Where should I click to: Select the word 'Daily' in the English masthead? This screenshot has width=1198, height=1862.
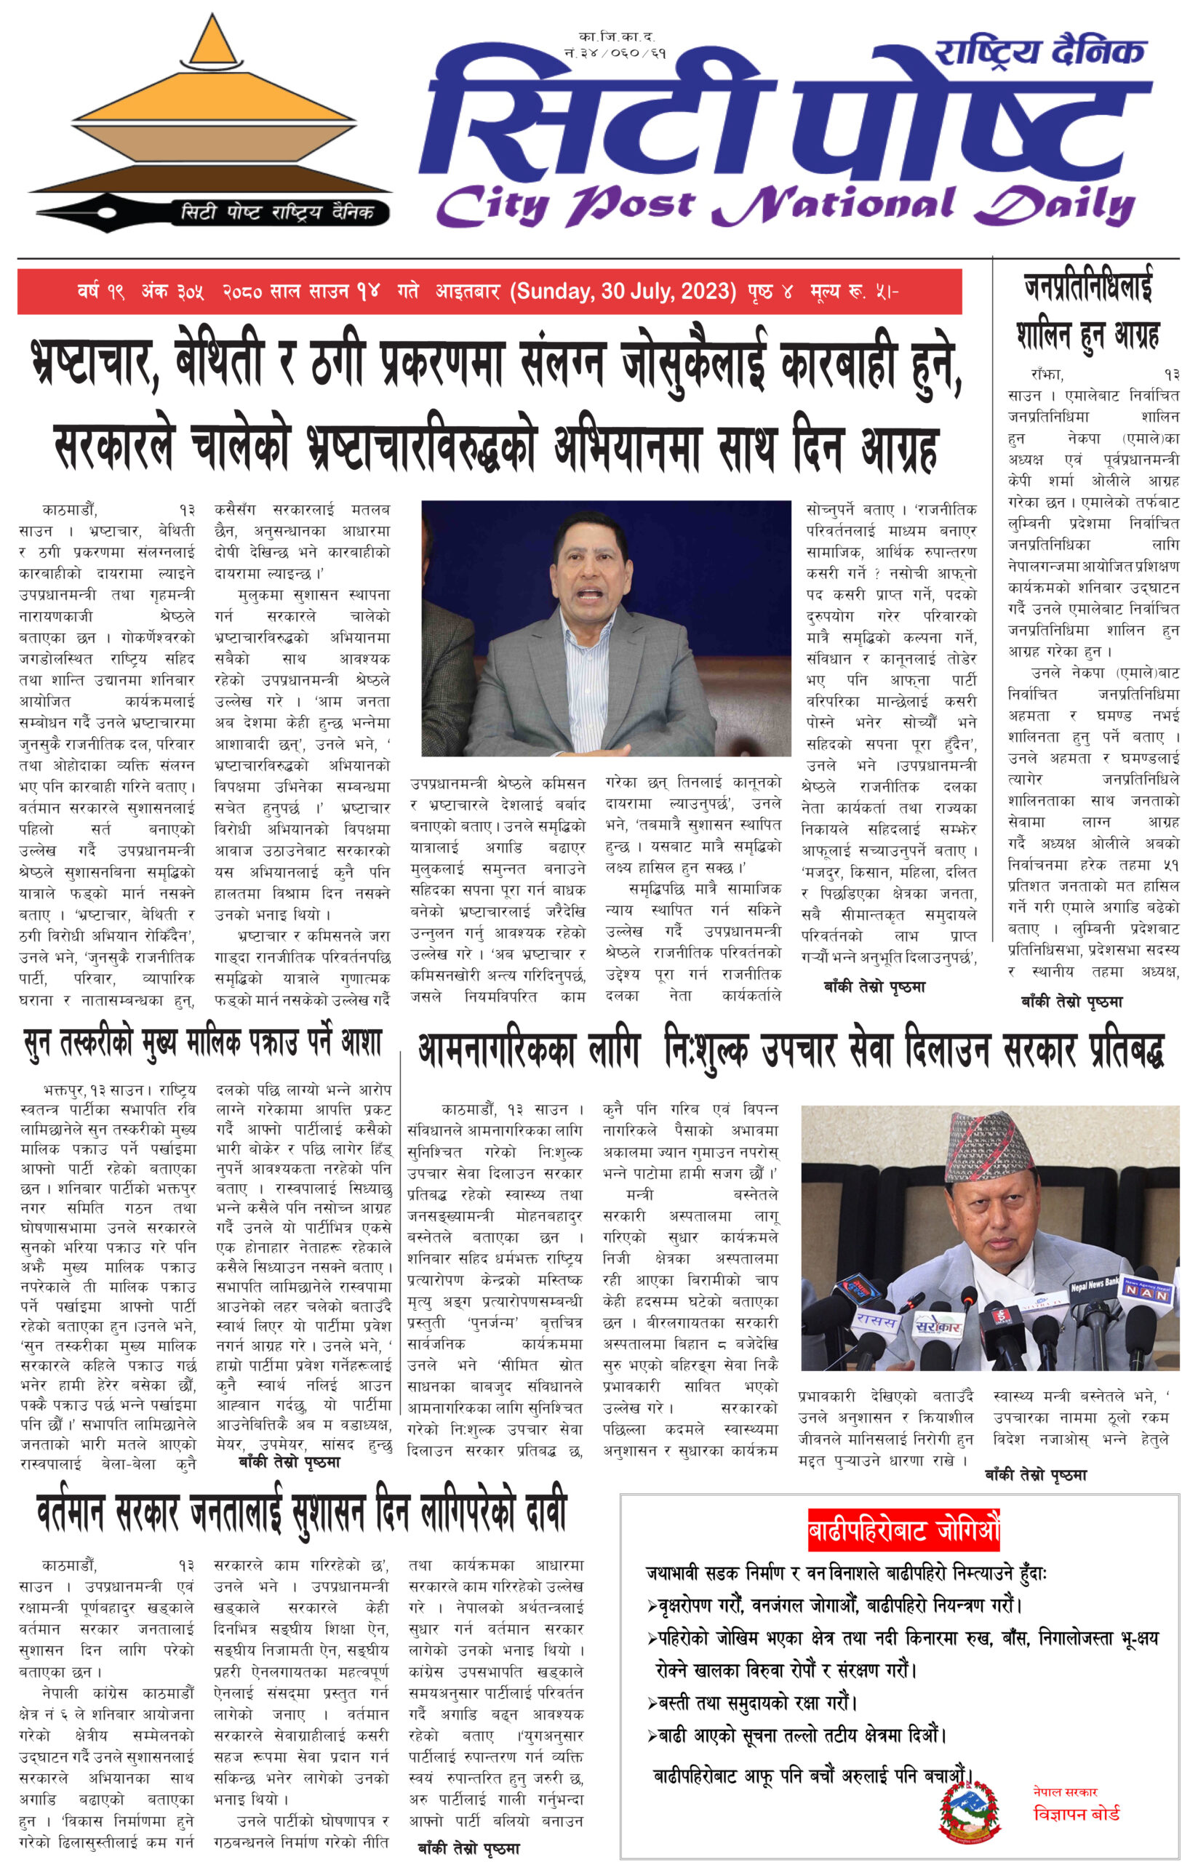1054,206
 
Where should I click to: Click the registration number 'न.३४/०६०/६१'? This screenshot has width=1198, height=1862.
615,54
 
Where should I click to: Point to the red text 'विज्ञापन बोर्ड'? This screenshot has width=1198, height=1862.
1076,1814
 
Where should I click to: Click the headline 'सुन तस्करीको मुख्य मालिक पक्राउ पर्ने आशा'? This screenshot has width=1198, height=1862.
202,1044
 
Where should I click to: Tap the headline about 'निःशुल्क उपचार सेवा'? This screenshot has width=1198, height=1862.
790,1050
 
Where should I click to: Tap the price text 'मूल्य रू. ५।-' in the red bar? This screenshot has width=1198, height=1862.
854,292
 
